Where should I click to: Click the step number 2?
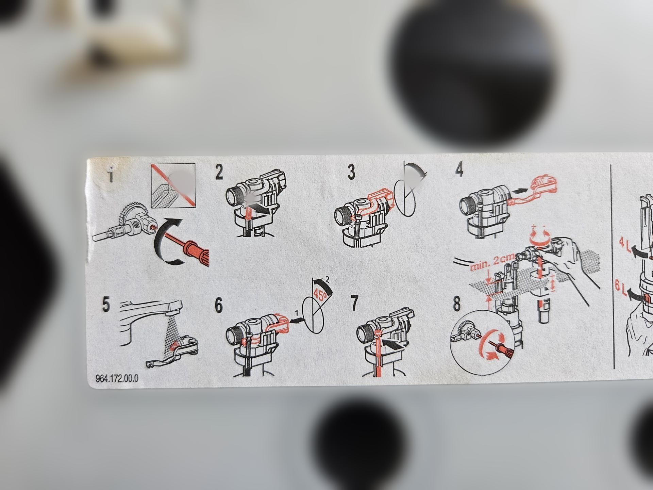(x=219, y=172)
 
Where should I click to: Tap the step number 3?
(x=351, y=172)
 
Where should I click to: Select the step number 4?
(x=459, y=169)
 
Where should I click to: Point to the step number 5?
(x=106, y=304)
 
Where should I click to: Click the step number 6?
(x=219, y=305)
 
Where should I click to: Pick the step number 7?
(x=354, y=303)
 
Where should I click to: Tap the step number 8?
(x=457, y=304)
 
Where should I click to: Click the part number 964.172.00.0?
(x=117, y=378)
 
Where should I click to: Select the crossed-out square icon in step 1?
(x=173, y=185)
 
